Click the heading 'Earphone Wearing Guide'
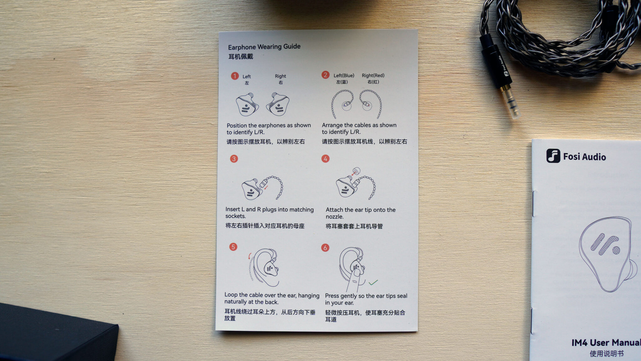(264, 47)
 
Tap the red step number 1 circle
(235, 76)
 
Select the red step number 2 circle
(326, 75)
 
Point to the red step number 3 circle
(234, 159)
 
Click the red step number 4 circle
(326, 159)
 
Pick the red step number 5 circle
(233, 247)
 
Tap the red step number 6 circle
(325, 248)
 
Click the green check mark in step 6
(373, 282)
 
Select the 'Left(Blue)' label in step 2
(344, 76)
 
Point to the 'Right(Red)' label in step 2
(373, 76)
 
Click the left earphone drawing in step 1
(247, 104)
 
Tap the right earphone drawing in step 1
(278, 104)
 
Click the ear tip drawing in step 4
(356, 171)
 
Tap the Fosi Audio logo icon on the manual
(553, 156)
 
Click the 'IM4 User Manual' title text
(606, 343)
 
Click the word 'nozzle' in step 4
(334, 217)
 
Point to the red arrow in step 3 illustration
(266, 188)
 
